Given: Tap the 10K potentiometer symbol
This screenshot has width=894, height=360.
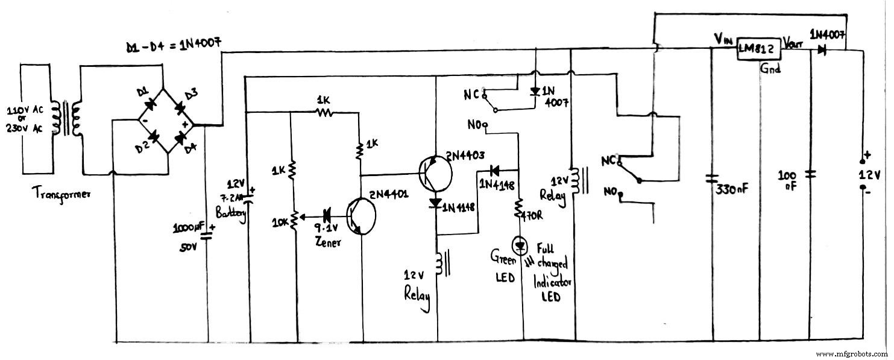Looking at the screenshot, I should point(294,221).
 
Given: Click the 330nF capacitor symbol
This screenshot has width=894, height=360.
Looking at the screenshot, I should point(713,178).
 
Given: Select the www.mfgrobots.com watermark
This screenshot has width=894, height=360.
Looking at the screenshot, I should point(851,353).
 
